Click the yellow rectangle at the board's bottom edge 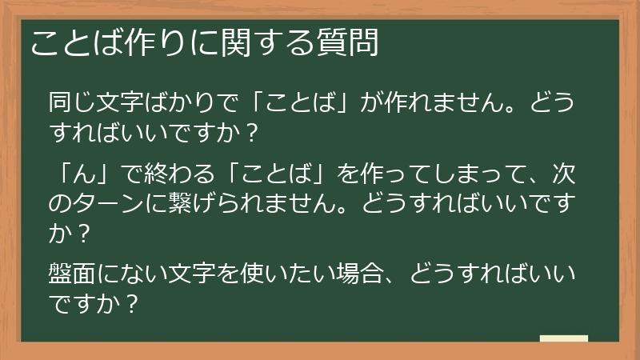coord(564,339)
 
